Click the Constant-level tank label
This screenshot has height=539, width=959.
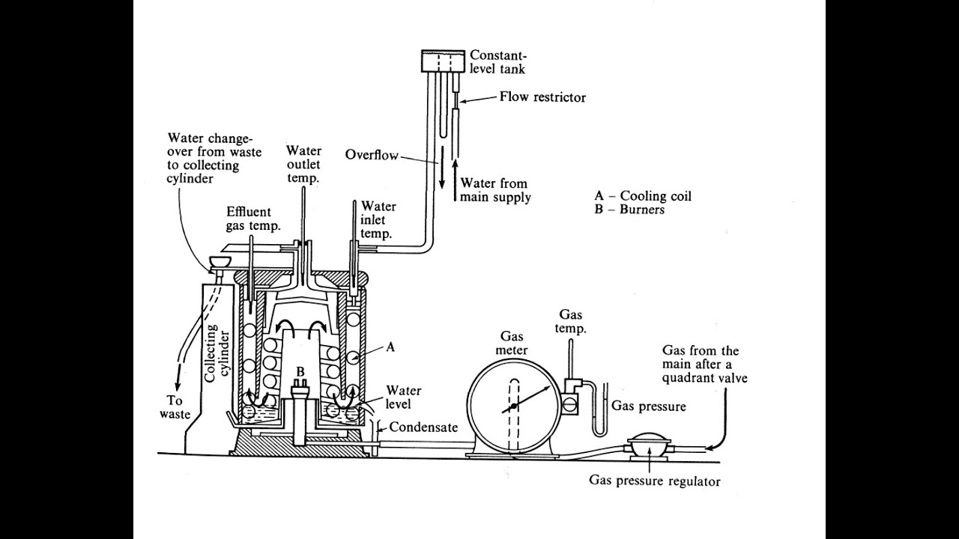tap(497, 62)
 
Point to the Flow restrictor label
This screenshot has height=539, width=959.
tap(542, 97)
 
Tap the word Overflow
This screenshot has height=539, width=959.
tap(371, 155)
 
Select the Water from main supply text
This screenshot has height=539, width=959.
tap(494, 190)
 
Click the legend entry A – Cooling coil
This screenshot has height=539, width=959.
tap(643, 196)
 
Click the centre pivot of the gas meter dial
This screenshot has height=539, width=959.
tap(515, 406)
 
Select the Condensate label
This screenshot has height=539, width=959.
tap(422, 430)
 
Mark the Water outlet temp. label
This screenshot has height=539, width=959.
tap(303, 165)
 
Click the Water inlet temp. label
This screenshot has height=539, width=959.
tap(378, 220)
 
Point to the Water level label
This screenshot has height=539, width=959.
tap(403, 398)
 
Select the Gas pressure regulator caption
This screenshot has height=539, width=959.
tap(654, 481)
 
